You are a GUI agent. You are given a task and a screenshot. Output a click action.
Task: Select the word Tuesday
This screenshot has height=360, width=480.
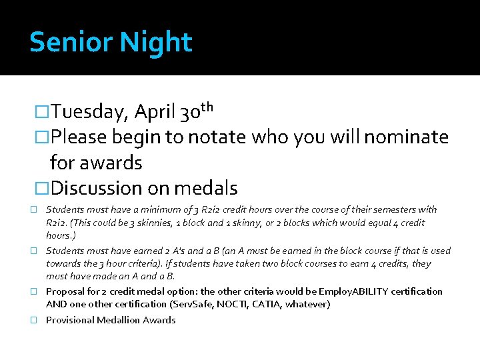88,113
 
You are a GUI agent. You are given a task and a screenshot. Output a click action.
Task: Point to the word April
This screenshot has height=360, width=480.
155,113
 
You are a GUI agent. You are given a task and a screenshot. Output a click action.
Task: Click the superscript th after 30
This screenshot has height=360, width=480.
206,107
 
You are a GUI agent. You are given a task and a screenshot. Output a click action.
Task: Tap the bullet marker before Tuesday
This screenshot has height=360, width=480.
42,113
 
